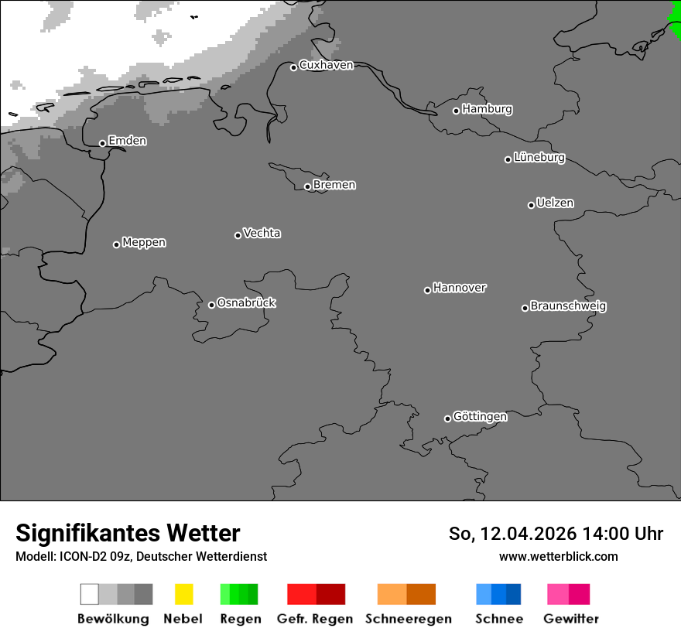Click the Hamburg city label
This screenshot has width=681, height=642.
(x=487, y=109)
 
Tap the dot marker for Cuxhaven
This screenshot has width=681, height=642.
(x=294, y=67)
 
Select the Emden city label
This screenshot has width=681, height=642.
(x=127, y=141)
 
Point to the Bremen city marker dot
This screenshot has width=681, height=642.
(x=307, y=186)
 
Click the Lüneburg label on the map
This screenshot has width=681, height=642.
(x=539, y=157)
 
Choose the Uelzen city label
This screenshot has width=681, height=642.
(x=555, y=203)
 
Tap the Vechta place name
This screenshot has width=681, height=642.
(x=262, y=233)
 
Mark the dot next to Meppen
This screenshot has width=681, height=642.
(x=116, y=244)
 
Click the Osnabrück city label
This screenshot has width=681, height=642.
(x=246, y=302)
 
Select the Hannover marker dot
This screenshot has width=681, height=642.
(x=427, y=290)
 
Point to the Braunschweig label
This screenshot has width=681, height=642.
(x=568, y=306)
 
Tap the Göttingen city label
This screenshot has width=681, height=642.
(x=480, y=416)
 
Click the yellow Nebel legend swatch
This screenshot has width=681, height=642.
(x=183, y=594)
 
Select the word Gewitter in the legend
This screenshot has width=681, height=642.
(x=571, y=619)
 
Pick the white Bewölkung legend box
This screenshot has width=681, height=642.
(x=89, y=594)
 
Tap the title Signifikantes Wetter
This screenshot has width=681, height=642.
(x=128, y=533)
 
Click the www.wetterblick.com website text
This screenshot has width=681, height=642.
(x=558, y=556)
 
